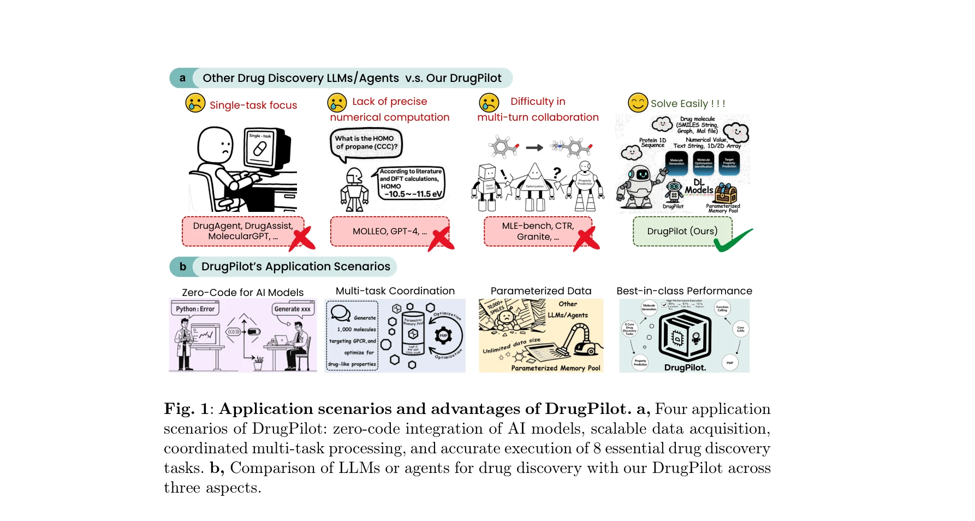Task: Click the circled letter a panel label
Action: pyautogui.click(x=182, y=78)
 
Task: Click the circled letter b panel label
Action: pyautogui.click(x=183, y=267)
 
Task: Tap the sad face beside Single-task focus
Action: pyautogui.click(x=195, y=103)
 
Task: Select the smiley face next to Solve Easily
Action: pyautogui.click(x=638, y=103)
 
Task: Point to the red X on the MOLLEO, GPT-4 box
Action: pyautogui.click(x=441, y=238)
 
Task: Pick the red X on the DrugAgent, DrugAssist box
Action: pyautogui.click(x=302, y=238)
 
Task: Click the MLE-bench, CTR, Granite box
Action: pyautogui.click(x=537, y=231)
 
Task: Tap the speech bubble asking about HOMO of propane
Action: pyautogui.click(x=366, y=143)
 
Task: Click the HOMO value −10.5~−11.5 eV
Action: pyautogui.click(x=413, y=194)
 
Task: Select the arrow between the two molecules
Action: pyautogui.click(x=534, y=147)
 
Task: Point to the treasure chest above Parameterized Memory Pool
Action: pyautogui.click(x=726, y=193)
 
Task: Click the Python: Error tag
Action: pyautogui.click(x=195, y=309)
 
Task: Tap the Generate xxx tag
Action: pyautogui.click(x=292, y=309)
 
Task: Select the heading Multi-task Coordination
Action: pyautogui.click(x=395, y=291)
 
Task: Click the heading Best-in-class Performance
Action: pyautogui.click(x=684, y=291)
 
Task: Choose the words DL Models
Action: pyautogui.click(x=699, y=186)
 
